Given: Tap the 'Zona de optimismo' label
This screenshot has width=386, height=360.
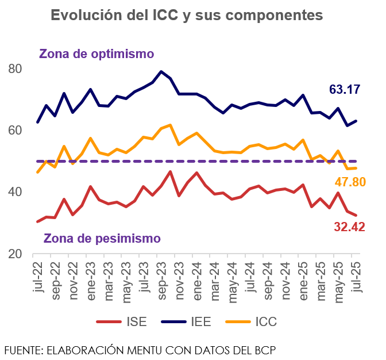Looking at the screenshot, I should click(96, 54).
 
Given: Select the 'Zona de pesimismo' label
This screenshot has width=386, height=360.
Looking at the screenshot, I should click(102, 238).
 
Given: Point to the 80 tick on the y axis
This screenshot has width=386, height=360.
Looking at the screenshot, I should click(15, 69).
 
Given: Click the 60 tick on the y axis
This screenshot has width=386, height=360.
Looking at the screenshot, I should click(15, 131).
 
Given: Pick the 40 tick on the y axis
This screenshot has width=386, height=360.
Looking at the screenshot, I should click(15, 192).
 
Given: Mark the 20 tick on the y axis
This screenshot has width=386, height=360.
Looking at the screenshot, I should click(15, 254).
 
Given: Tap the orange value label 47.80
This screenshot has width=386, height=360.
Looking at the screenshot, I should click(350, 182).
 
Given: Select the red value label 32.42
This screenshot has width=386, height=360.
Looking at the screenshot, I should click(350, 227).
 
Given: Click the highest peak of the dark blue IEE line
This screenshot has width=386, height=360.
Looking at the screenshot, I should click(161, 72).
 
